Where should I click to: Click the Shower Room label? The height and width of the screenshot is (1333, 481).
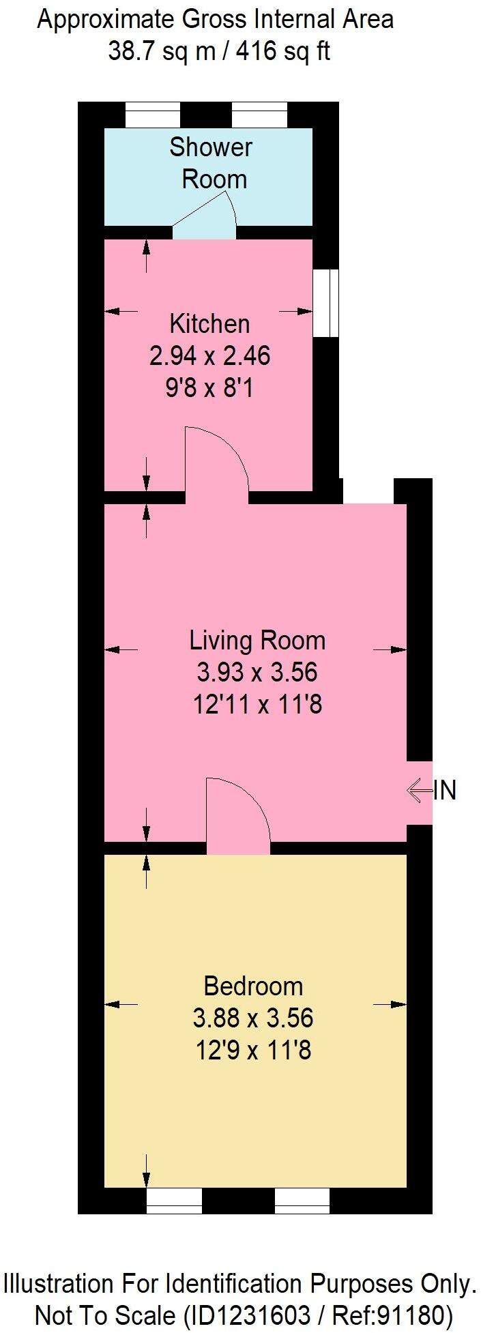(211, 163)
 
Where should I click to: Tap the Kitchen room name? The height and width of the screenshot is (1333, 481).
(209, 323)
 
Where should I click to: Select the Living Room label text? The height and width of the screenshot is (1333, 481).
(257, 641)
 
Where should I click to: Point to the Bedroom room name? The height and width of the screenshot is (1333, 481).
(253, 986)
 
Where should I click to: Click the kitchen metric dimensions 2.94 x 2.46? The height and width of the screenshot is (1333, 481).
(209, 355)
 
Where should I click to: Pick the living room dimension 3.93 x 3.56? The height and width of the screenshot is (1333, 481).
(257, 673)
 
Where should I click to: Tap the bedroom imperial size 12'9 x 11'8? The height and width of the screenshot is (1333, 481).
(253, 1050)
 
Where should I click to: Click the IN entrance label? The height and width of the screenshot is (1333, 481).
(445, 791)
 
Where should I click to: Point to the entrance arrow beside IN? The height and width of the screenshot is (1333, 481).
(419, 791)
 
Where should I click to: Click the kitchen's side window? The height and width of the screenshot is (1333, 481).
(325, 303)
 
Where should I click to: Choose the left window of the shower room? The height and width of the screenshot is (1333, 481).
(153, 115)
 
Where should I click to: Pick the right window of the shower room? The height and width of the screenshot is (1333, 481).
(259, 115)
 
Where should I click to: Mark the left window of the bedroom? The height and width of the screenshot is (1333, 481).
(174, 1201)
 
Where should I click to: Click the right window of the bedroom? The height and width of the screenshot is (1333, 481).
(302, 1201)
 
